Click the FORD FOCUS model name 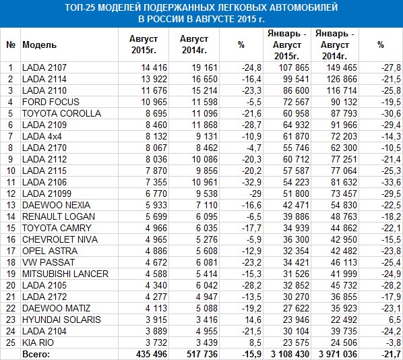(51, 102)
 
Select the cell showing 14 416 (154, 67)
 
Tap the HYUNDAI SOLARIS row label (61, 320)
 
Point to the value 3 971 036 (338, 354)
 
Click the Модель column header (39, 44)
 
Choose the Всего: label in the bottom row (36, 354)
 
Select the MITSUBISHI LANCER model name (65, 274)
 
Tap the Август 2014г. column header (194, 44)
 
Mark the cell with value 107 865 (294, 67)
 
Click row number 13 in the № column (11, 205)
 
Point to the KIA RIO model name (38, 342)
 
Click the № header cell (11, 44)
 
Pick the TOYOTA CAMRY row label (57, 228)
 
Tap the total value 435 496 (152, 354)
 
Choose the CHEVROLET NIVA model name (60, 239)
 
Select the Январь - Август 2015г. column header (287, 44)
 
